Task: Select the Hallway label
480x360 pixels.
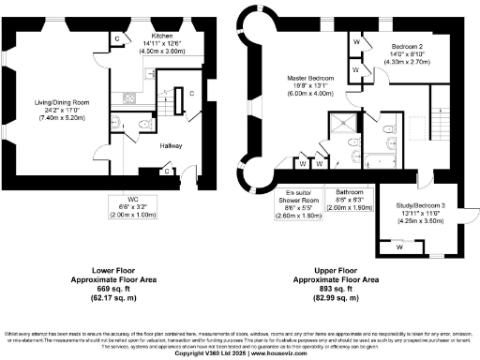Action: click(x=171, y=146)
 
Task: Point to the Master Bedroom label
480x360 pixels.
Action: click(x=307, y=78)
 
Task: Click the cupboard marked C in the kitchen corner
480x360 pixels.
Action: click(x=118, y=37)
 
